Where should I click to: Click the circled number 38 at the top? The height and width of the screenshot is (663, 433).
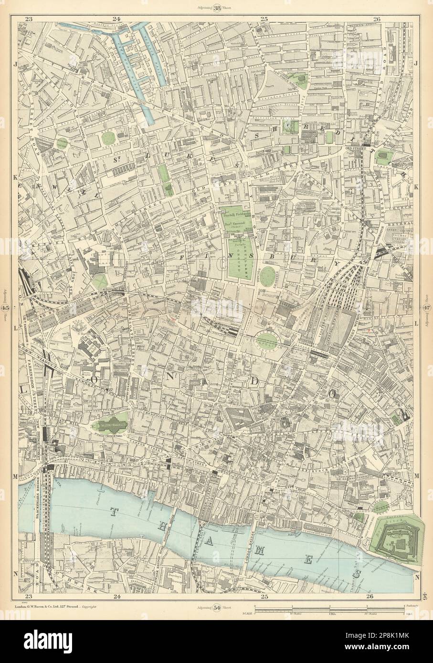217,7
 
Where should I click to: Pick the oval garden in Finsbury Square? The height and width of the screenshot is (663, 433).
269,276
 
